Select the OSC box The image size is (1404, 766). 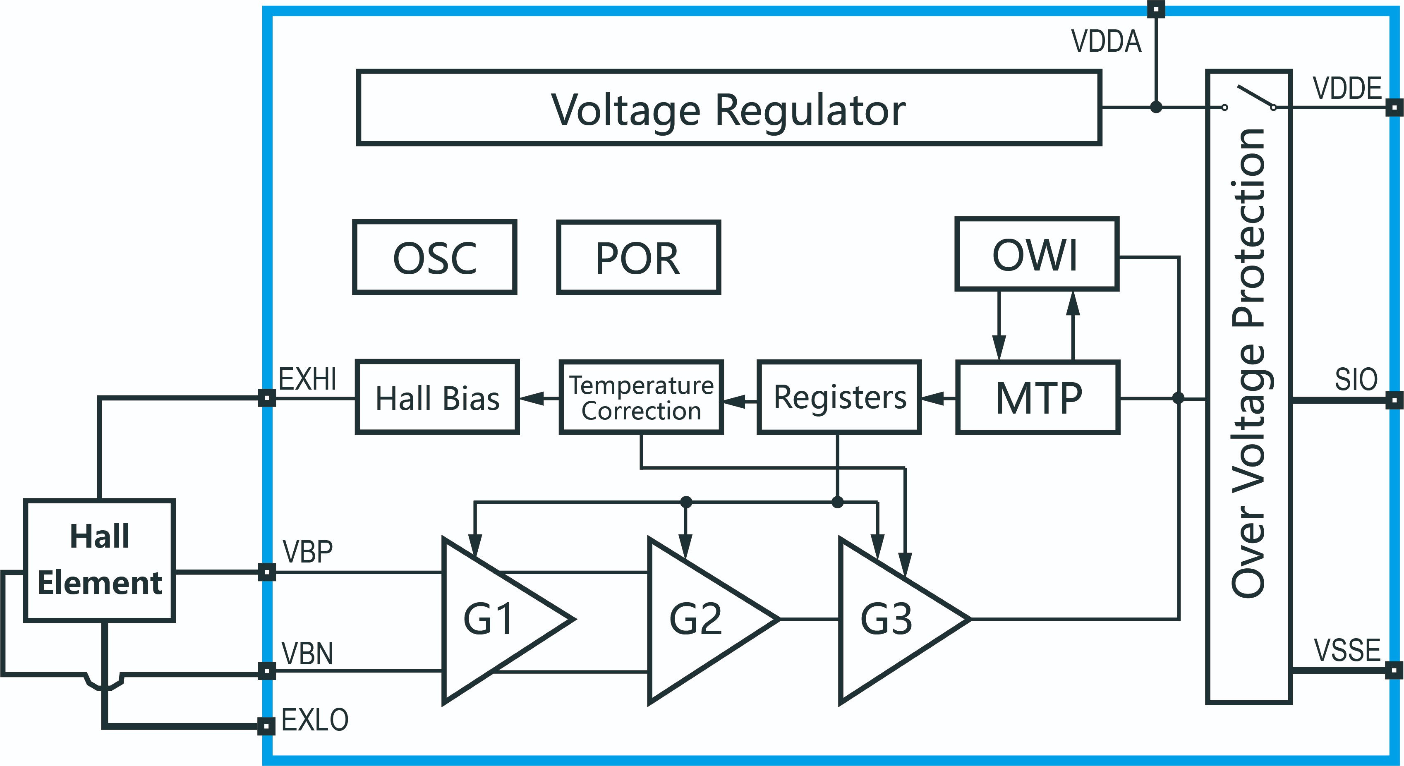[434, 257]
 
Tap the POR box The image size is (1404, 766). [638, 257]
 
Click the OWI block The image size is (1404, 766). [1037, 254]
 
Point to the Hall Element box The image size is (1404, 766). [99, 560]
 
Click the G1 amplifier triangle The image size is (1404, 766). [496, 620]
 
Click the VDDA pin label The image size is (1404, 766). [1106, 41]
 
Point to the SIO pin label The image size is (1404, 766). [1356, 379]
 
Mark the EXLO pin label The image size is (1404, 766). [314, 720]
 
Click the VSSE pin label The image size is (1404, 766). [1347, 650]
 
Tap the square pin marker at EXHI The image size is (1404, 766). [266, 398]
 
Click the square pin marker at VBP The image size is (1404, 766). [266, 572]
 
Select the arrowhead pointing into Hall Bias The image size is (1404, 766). [532, 398]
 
